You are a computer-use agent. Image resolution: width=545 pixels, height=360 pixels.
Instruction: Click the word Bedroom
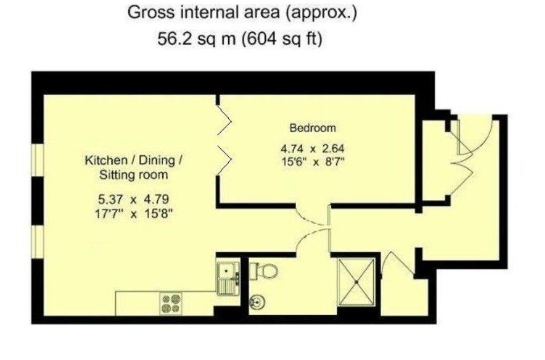click(x=313, y=128)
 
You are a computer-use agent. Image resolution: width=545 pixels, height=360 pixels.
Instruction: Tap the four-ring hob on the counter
click(x=170, y=304)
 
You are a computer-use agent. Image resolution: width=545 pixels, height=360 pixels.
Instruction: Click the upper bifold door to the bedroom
click(x=225, y=120)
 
